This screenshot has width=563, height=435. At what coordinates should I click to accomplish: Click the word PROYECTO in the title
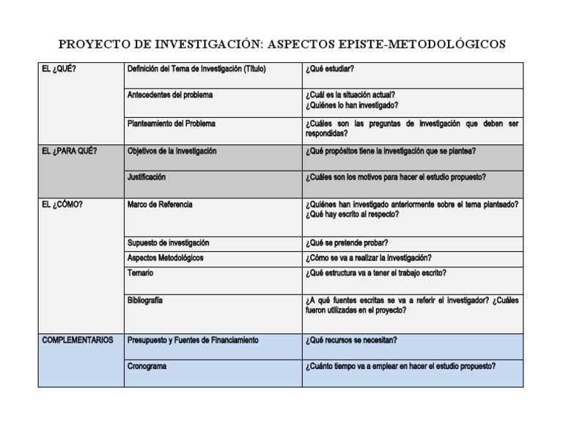[x=91, y=45]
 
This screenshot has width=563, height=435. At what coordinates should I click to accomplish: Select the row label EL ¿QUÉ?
[x=59, y=69]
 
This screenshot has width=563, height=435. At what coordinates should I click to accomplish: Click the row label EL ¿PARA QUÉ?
[x=70, y=151]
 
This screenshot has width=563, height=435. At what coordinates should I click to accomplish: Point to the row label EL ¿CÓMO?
[x=63, y=205]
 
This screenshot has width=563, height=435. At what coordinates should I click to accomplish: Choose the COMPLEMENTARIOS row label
[x=78, y=341]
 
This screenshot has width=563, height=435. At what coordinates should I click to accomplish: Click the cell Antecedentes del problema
[x=170, y=95]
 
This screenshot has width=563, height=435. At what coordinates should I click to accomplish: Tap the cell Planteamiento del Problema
[x=172, y=124]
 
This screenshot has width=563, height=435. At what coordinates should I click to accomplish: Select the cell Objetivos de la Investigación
[x=172, y=151]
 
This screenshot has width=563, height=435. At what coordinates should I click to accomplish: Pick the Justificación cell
[x=147, y=177]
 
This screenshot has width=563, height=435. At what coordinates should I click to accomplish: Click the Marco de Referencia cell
[x=160, y=205]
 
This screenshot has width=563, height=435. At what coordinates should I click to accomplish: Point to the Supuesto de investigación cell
[x=168, y=243]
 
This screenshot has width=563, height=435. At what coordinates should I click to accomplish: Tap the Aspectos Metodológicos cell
[x=165, y=259]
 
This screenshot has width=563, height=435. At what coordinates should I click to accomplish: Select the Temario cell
[x=141, y=273]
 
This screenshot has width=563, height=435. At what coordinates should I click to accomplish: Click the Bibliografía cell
[x=145, y=300]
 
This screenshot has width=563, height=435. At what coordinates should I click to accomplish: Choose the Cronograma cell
[x=147, y=366]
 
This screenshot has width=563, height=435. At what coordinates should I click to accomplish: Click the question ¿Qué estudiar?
[x=331, y=69]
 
